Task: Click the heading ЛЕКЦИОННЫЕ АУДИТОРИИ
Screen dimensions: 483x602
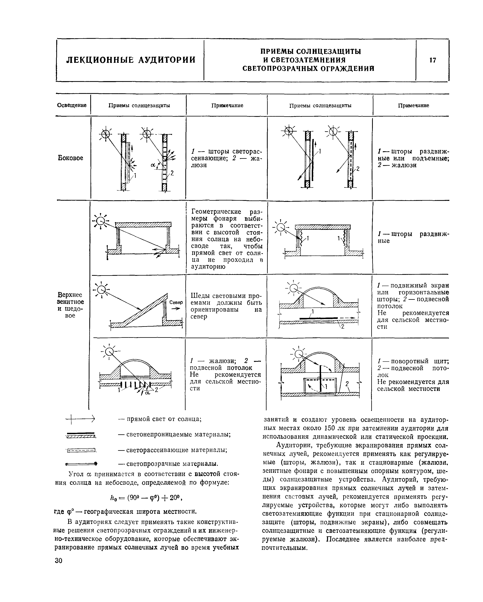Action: [x=131, y=60]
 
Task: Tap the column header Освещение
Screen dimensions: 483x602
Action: [x=72, y=105]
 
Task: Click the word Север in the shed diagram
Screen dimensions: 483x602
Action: [x=176, y=303]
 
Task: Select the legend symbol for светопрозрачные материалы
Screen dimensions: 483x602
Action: [x=81, y=464]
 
